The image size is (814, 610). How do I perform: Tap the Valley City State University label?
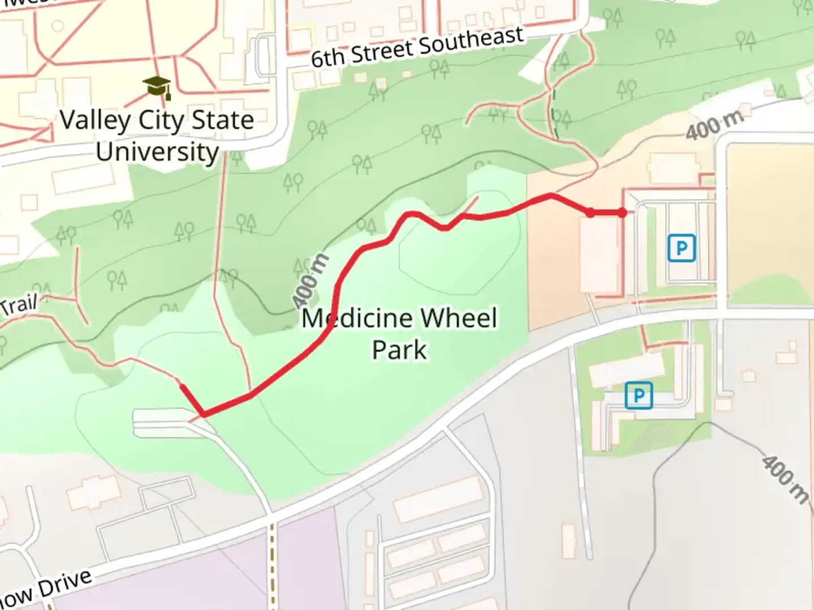(x=157, y=136)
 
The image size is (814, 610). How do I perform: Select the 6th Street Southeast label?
(x=417, y=47)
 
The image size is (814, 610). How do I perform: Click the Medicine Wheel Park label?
(x=400, y=333)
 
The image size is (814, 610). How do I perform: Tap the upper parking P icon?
(x=681, y=248)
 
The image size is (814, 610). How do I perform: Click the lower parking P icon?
(x=639, y=395)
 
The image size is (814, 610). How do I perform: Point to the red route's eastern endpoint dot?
(x=622, y=213)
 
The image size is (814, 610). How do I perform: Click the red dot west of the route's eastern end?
(x=590, y=213)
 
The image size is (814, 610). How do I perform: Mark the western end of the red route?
(x=181, y=386)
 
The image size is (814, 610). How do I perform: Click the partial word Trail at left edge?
(x=19, y=305)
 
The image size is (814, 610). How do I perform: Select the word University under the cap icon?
(x=157, y=151)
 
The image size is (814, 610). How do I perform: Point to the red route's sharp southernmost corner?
(x=203, y=416)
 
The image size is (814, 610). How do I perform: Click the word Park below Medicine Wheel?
(x=399, y=350)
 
